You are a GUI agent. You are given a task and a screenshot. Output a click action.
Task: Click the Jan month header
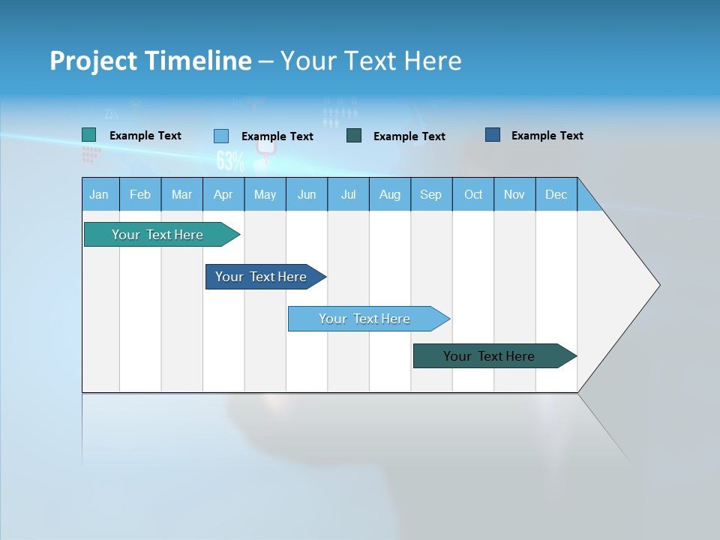99,195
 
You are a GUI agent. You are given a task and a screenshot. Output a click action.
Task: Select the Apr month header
223,195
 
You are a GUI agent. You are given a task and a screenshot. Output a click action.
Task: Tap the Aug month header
389,195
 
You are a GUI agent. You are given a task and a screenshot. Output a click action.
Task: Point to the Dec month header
556,195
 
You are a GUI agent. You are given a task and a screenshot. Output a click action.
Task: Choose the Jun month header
306,195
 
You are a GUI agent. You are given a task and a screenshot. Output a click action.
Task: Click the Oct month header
472,195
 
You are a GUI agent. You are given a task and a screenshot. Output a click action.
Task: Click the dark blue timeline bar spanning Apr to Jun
262,277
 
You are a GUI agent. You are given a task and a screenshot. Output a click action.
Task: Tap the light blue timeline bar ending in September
366,319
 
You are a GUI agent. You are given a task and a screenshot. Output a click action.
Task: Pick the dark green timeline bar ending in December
491,356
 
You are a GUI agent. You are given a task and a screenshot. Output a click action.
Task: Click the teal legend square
89,135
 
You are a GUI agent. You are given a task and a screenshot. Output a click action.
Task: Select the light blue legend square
221,136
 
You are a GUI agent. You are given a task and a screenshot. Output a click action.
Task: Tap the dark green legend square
354,136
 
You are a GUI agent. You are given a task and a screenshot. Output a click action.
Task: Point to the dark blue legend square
493,135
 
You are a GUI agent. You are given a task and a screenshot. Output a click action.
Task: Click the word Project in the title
94,61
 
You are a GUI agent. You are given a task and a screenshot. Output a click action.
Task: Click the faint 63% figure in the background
230,160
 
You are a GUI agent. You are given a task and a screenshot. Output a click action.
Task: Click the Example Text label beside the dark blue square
547,136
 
